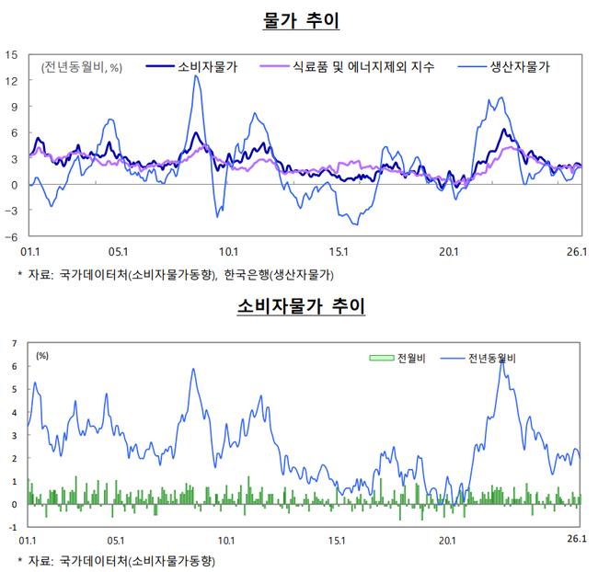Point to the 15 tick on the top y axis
click(12, 54)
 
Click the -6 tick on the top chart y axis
click(12, 236)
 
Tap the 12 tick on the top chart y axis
click(12, 81)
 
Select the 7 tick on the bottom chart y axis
click(14, 343)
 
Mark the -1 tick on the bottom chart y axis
click(12, 527)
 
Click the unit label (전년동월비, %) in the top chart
click(81, 66)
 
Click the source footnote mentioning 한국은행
click(176, 275)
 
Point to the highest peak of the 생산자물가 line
click(196, 76)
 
